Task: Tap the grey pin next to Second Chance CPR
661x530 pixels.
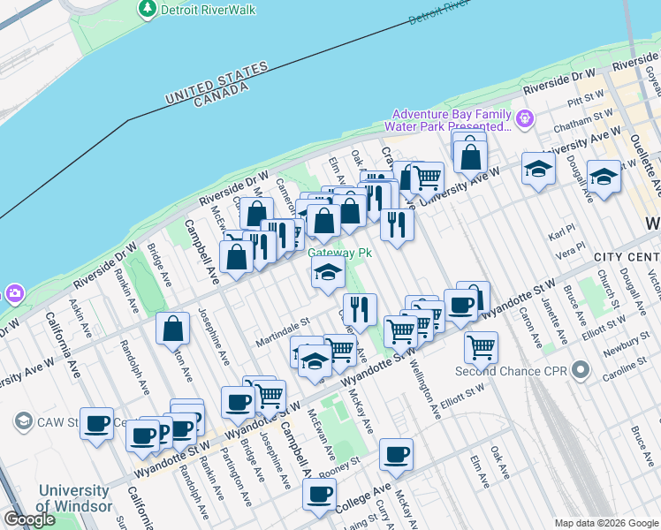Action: [580, 370]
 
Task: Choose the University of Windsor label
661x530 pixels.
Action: [74, 498]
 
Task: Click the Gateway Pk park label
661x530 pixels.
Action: [338, 253]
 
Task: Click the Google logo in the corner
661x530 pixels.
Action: [30, 519]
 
